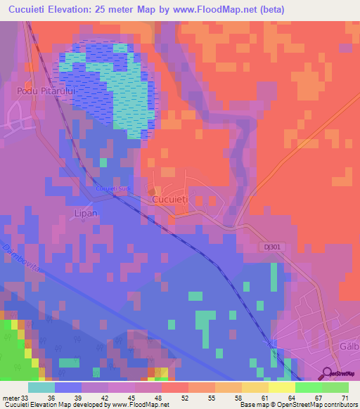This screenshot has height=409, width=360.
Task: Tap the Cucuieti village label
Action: [x=170, y=200]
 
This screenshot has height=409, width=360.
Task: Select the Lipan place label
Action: [x=84, y=212]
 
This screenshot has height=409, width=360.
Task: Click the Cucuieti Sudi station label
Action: [x=114, y=188]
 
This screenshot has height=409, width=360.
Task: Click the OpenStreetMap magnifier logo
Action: [x=327, y=372]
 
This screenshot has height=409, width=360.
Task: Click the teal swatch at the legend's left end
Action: [x=41, y=387]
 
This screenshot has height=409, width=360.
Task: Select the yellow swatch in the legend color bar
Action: [x=255, y=387]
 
